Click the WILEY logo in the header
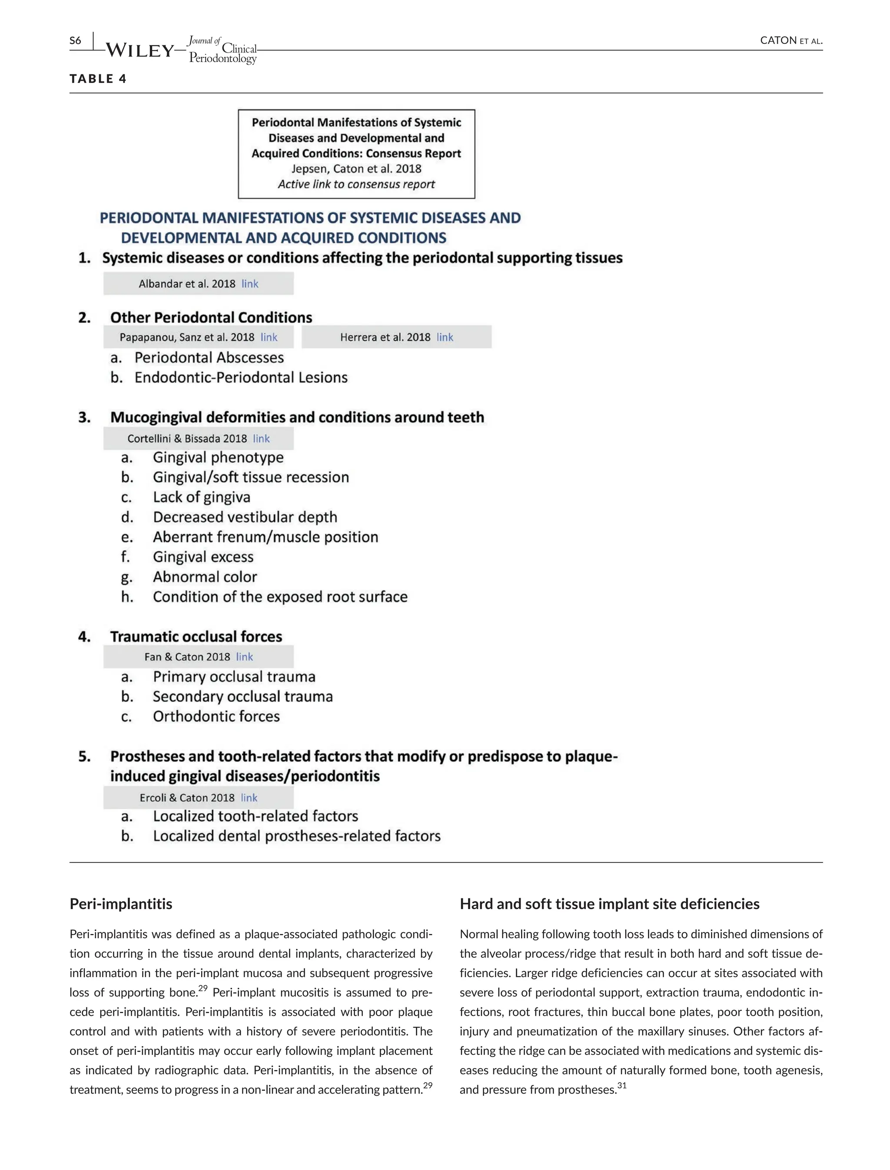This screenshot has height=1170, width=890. (x=140, y=50)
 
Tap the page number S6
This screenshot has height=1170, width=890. (x=75, y=41)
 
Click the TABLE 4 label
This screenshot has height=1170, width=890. (x=98, y=79)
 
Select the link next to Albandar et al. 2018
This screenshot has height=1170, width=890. (x=249, y=284)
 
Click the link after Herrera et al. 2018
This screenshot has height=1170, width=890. (x=445, y=338)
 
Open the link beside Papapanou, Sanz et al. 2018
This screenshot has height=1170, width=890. (x=269, y=338)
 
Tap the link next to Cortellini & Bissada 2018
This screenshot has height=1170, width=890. (x=261, y=439)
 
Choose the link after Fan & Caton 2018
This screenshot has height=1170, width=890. (x=244, y=657)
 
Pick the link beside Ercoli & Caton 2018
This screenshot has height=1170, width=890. (x=249, y=798)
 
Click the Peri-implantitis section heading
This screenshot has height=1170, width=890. (x=121, y=904)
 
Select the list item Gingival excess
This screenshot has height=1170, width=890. (x=203, y=557)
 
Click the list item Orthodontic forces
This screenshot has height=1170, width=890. (x=216, y=716)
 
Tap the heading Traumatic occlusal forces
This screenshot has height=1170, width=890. (x=196, y=636)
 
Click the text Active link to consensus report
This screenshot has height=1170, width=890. (x=356, y=184)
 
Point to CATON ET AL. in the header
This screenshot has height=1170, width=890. (x=790, y=41)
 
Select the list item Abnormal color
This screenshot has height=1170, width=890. (x=205, y=577)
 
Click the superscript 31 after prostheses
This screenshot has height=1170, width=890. (x=622, y=1086)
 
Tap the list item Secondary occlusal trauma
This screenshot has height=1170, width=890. (x=242, y=696)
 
